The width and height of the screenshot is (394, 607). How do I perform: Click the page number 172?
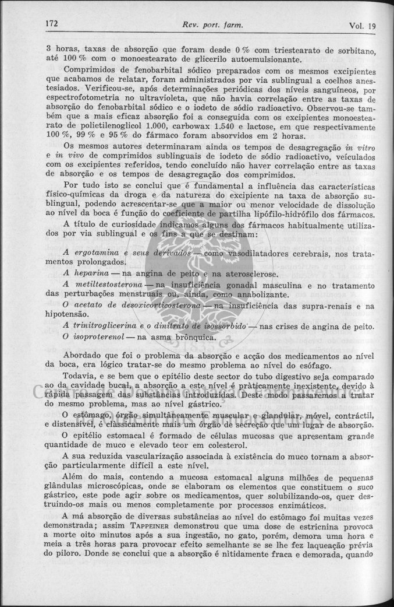pyautogui.click(x=54, y=25)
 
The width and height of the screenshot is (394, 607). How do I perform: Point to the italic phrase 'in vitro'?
pyautogui.click(x=358, y=145)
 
